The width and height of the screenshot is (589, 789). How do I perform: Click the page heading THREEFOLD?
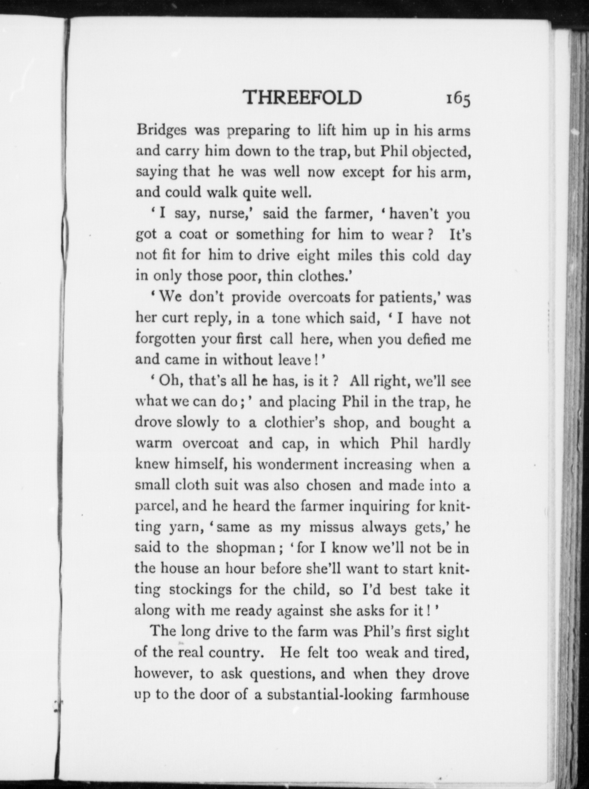302,98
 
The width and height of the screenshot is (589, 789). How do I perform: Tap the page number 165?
457,99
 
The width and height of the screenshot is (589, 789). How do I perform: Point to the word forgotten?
166,339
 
